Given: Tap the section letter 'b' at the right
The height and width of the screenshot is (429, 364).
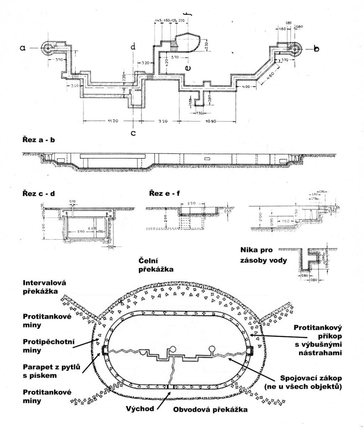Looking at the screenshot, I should coord(316,49).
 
